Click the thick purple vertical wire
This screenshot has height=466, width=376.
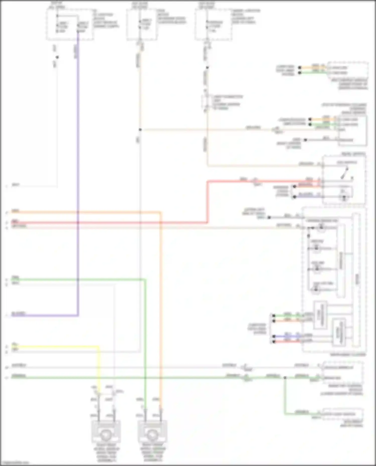tap(78, 175)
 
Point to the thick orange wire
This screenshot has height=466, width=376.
tap(160, 300)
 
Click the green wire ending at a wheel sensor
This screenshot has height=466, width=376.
tap(145, 351)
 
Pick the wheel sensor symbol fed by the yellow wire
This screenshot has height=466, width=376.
tap(106, 435)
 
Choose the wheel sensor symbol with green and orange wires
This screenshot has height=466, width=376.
tap(152, 435)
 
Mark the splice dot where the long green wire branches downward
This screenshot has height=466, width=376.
tap(285, 377)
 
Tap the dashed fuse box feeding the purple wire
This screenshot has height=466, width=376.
tap(70, 25)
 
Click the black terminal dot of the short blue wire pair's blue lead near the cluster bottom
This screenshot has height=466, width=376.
tap(274, 336)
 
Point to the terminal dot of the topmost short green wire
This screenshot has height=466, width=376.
tap(300, 73)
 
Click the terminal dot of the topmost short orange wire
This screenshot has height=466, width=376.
tap(300, 67)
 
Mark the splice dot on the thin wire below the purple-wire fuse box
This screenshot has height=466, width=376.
tap(57, 57)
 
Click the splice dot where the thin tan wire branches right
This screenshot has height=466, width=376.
tap(140, 129)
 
